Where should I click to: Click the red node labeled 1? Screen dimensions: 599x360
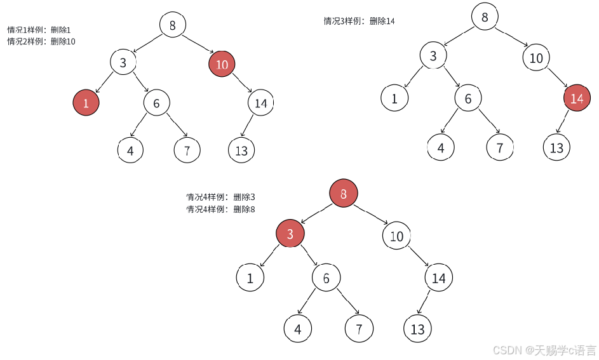86,103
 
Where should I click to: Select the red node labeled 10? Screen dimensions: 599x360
222,64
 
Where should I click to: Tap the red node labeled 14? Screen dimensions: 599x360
576,98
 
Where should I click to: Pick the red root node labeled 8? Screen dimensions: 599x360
344,194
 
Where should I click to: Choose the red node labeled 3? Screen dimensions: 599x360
290,234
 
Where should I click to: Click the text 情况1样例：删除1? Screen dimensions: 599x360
39,30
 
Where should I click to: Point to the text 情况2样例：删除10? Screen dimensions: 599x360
41,41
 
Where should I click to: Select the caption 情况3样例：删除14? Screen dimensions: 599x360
359,21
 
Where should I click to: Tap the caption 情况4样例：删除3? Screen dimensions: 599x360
220,197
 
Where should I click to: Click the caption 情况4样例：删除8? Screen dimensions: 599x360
220,209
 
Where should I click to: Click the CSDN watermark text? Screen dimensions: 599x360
544,350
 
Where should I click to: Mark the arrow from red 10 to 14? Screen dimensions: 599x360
242,84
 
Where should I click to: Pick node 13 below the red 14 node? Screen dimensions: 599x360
556,148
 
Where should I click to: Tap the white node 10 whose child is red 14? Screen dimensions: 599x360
536,58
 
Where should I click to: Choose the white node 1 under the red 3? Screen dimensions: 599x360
250,278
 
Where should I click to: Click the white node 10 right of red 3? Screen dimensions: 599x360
396,237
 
